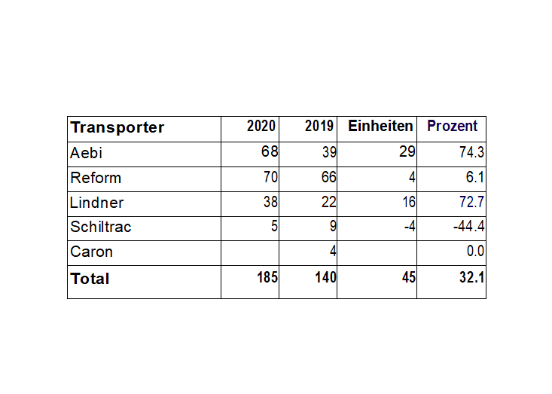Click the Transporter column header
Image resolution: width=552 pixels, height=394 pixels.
pos(117,128)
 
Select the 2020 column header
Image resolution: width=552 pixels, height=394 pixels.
pos(261,126)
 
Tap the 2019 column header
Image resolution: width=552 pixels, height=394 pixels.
pos(319,126)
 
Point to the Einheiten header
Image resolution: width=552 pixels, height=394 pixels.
pos(380,126)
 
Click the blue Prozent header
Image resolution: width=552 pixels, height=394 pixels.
pos(453,126)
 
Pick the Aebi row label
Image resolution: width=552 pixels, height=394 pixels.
pos(87,153)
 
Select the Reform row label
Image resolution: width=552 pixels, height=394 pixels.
pos(96,178)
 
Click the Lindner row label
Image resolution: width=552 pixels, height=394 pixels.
pos(97,203)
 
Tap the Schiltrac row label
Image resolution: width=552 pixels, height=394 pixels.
pos(101,227)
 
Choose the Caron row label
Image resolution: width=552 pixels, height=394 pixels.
pos(92,252)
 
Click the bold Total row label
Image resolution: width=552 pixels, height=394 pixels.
pos(90,279)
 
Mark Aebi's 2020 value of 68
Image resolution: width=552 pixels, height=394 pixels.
pos(270,151)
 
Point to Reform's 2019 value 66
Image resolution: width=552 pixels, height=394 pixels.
pos(329,177)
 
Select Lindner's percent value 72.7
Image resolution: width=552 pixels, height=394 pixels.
pos(471,202)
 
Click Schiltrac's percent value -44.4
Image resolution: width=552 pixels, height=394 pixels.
pos(469,226)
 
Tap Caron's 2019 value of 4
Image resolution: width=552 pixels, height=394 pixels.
pos(333,251)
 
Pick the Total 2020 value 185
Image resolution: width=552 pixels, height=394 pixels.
pos(267,277)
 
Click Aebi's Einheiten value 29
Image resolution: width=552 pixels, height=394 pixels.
pos(407,151)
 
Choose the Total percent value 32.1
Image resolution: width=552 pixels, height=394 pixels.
pos(472,277)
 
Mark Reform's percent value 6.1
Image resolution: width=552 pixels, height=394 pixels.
pos(475,177)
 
